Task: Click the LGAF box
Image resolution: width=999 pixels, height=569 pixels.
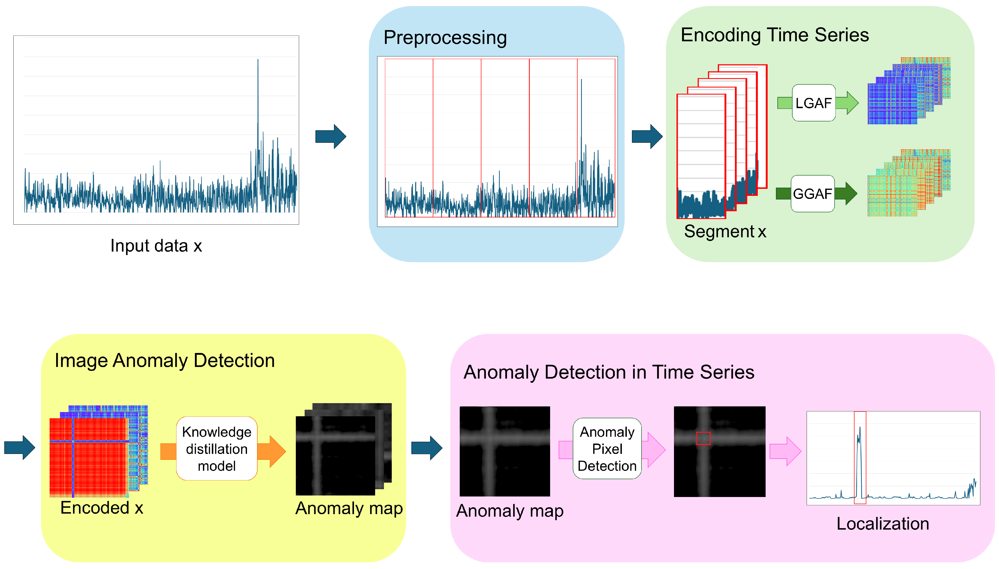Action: (813, 103)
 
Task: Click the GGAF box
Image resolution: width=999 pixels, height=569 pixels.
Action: (812, 194)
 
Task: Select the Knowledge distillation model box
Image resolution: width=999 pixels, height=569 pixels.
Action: (217, 449)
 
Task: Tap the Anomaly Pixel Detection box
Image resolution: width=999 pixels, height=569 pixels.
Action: (607, 449)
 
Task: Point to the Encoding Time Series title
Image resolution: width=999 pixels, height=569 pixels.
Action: (774, 35)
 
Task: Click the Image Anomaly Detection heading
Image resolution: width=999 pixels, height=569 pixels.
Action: (164, 360)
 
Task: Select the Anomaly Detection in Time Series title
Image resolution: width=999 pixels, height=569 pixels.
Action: (608, 372)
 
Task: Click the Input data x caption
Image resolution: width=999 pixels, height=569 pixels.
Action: (156, 246)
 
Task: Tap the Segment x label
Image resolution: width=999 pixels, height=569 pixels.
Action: (725, 231)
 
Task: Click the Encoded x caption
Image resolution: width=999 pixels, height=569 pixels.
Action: (101, 508)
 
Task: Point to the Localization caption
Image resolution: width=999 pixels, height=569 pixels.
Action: (882, 524)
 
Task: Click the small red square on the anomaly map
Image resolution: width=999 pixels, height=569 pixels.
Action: (703, 438)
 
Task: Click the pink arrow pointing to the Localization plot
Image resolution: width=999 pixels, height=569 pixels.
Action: (785, 451)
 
